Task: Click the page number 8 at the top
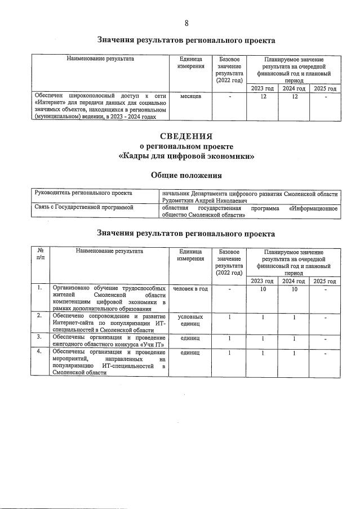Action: (186, 23)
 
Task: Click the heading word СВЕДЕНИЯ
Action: (186, 136)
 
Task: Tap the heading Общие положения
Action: (186, 175)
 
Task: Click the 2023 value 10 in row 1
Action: (262, 289)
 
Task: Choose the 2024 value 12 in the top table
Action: (294, 96)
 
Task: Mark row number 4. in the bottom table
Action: (39, 352)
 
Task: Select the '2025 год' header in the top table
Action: (325, 88)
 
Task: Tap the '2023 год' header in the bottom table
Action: (262, 281)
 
